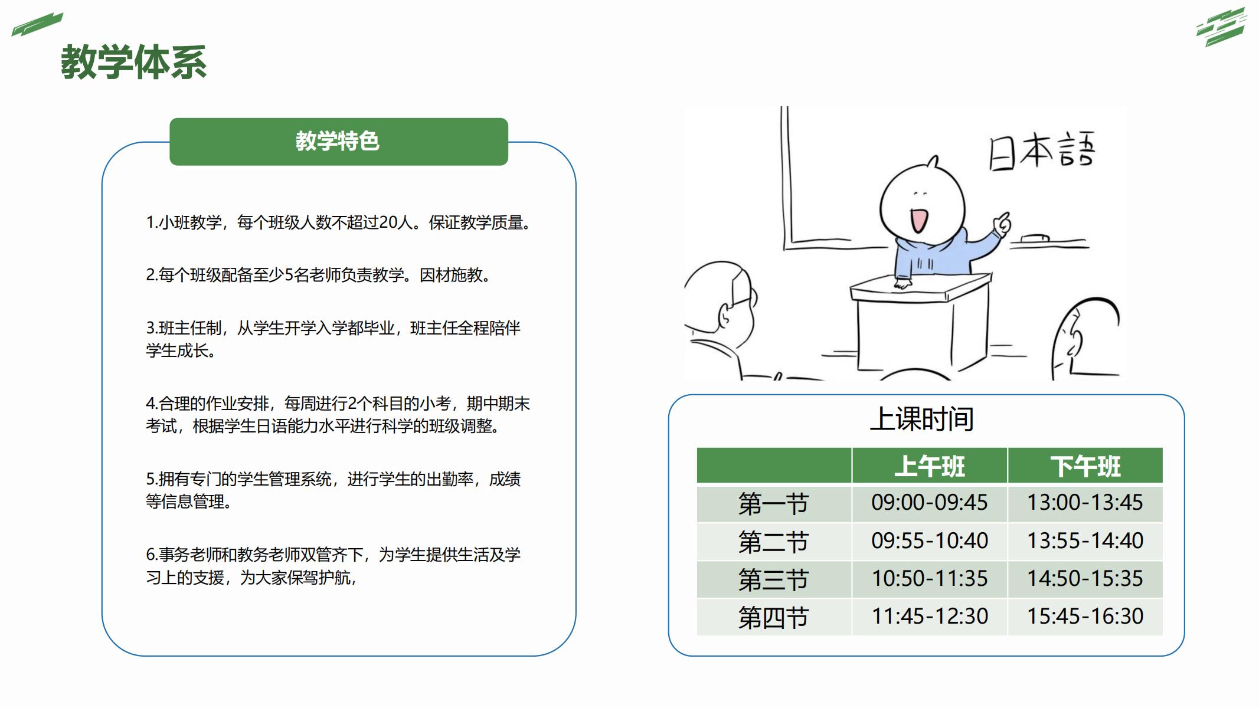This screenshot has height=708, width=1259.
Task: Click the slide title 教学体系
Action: click(x=134, y=62)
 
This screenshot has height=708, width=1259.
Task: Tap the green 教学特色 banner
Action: click(x=339, y=142)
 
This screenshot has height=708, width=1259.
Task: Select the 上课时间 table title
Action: click(x=921, y=419)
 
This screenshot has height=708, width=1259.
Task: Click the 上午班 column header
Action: click(x=930, y=466)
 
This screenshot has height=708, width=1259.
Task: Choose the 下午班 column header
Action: click(x=1085, y=466)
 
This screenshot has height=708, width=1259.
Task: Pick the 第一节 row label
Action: click(x=773, y=504)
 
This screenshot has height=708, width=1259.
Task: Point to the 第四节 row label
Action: click(x=773, y=617)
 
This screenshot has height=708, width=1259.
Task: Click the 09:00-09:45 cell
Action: click(x=930, y=503)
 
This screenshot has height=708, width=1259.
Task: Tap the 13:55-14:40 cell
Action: click(x=1085, y=540)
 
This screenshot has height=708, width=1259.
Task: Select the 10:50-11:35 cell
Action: click(x=930, y=578)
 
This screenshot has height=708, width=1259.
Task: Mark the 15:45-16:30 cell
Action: click(x=1085, y=616)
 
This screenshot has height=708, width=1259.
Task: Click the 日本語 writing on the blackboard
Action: click(x=1042, y=151)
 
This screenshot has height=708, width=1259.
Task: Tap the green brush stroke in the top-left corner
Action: click(x=37, y=24)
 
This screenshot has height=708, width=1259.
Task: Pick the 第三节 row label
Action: click(x=773, y=579)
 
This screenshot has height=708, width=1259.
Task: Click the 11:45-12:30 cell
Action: click(x=930, y=616)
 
